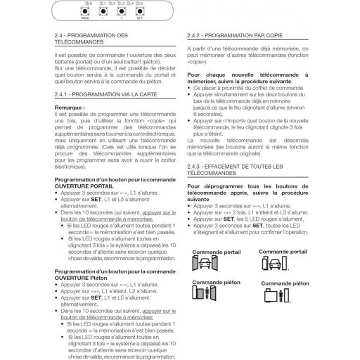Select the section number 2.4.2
tap(195, 34)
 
